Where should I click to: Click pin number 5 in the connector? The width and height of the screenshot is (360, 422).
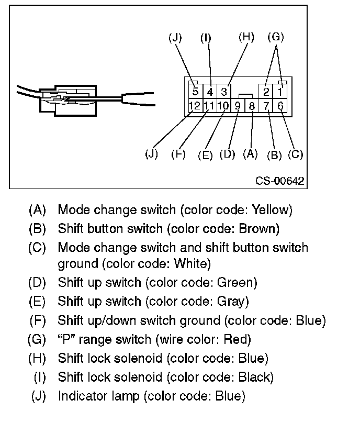[x=195, y=92]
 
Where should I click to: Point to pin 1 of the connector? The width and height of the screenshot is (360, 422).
[x=280, y=92]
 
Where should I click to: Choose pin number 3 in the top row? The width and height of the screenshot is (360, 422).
[x=223, y=92]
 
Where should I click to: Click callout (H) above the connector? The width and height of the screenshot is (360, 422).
[x=245, y=37]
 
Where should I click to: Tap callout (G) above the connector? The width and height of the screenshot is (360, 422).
[x=275, y=37]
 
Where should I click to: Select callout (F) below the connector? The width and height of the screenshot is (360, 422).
[x=179, y=155]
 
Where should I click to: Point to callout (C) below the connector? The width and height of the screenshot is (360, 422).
[x=296, y=154]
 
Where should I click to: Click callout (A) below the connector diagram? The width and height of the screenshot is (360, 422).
[x=251, y=154]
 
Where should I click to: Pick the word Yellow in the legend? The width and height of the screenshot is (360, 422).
[x=270, y=210]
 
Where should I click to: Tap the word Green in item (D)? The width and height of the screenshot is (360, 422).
[x=236, y=283]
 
